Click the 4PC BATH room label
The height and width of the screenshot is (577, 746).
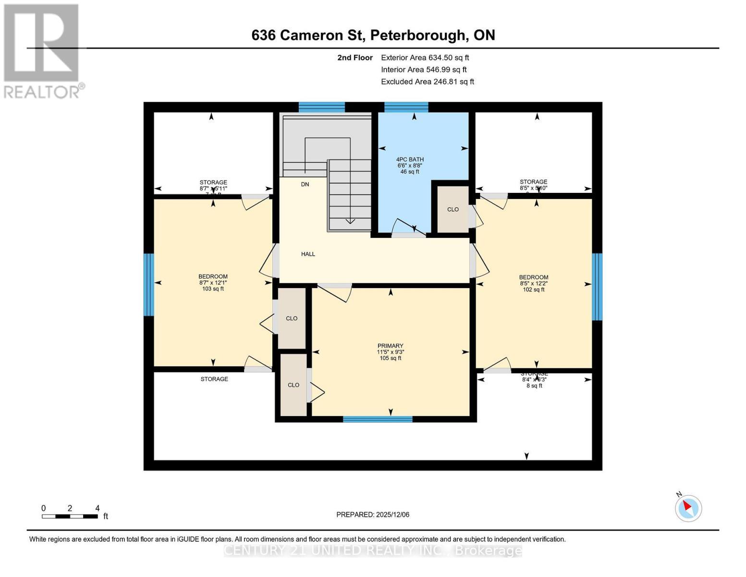click(410, 160)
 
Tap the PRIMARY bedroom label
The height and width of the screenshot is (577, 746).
click(390, 346)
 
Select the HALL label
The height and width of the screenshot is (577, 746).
click(308, 254)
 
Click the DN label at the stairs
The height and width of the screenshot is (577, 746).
click(305, 184)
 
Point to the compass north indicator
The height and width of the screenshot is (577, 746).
click(688, 508)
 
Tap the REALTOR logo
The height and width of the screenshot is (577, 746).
click(42, 51)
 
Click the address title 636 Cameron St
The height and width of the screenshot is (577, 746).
click(373, 35)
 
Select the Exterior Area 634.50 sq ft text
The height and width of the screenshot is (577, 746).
click(425, 57)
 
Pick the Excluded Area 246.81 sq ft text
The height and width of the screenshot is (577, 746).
click(427, 82)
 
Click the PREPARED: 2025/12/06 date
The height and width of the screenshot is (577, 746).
click(373, 514)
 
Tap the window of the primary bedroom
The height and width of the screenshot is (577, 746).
click(378, 419)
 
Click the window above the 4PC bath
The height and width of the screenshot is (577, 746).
click(406, 107)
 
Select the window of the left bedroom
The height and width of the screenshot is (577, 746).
click(149, 284)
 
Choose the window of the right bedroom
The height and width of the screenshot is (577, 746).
click(597, 287)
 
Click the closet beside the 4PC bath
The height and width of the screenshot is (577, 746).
click(452, 210)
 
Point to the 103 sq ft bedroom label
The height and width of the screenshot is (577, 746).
click(213, 289)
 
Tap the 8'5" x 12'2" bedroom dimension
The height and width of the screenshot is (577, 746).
click(533, 284)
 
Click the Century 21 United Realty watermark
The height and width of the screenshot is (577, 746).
click(373, 550)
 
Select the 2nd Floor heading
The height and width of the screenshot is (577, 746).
click(355, 58)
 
